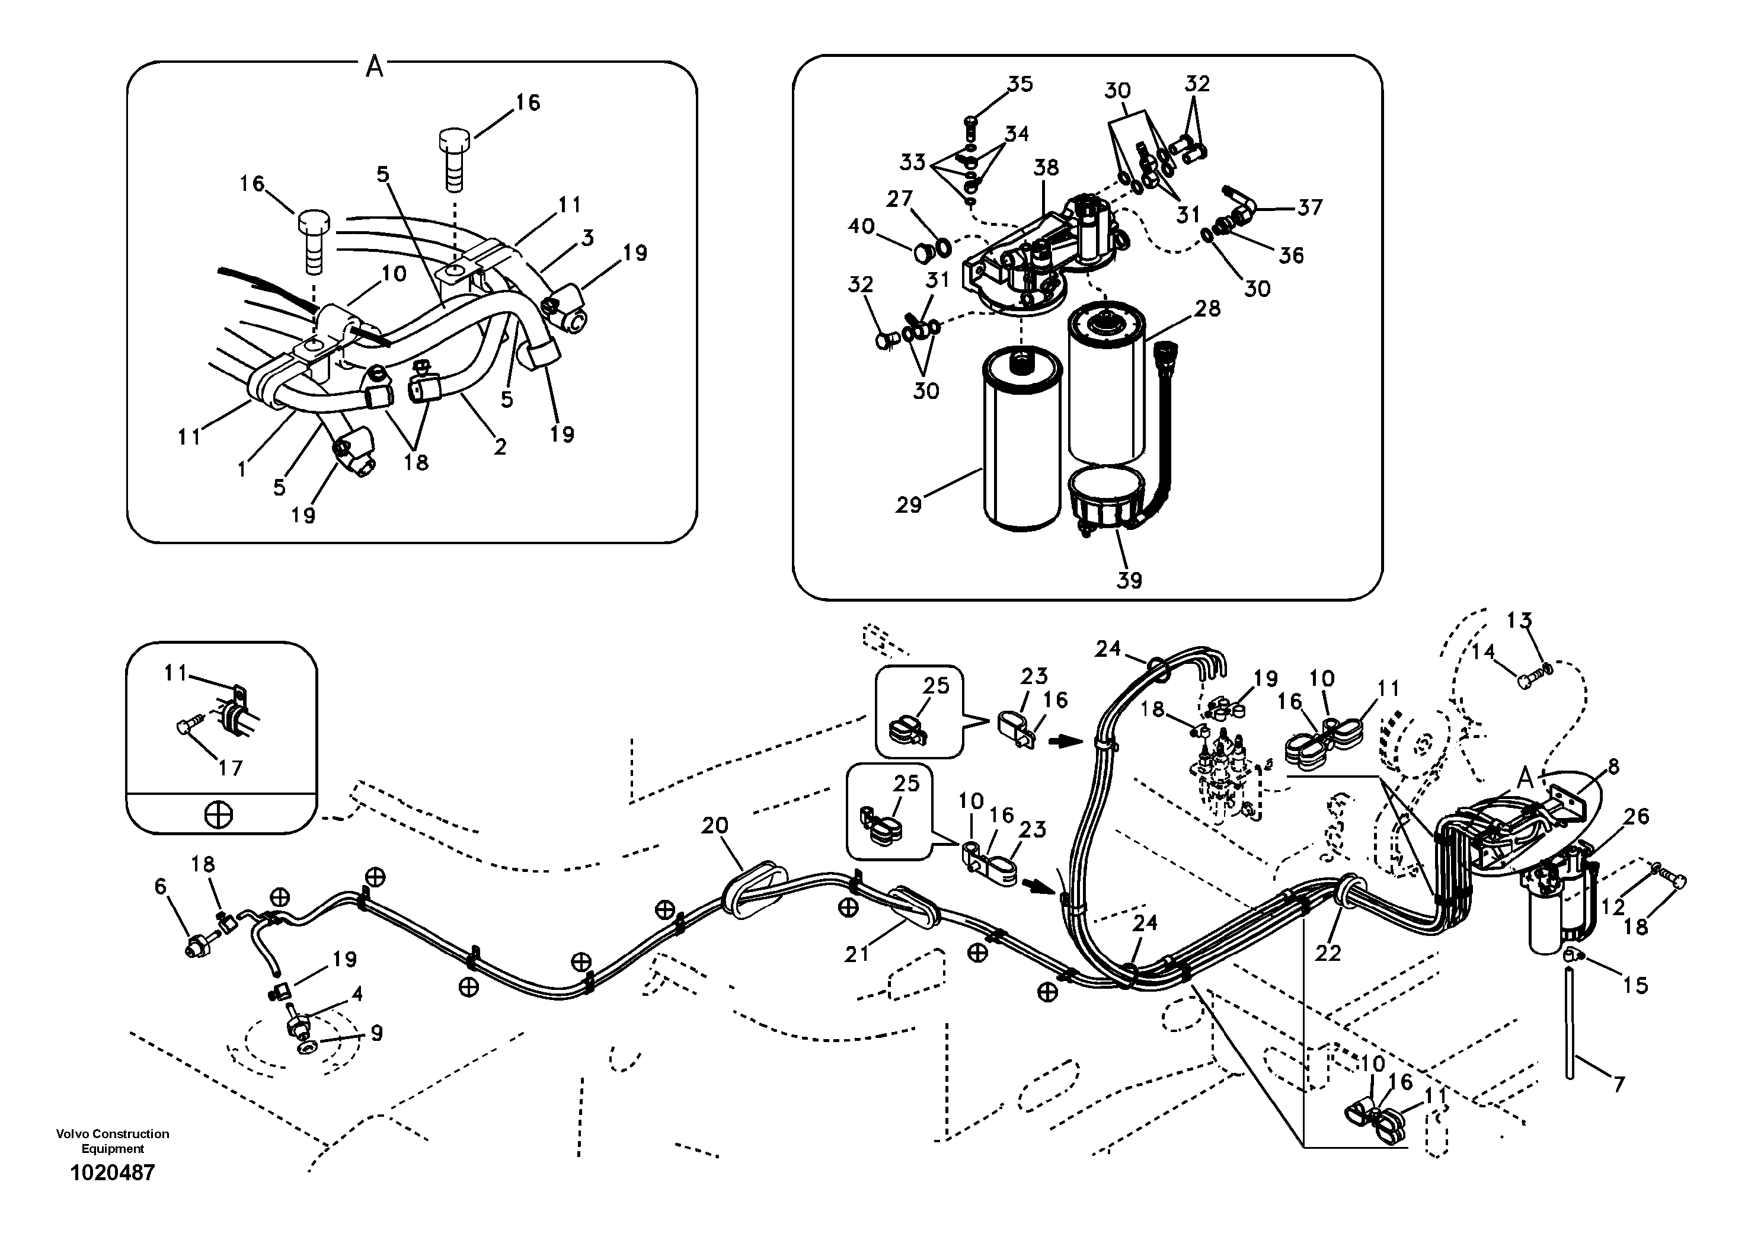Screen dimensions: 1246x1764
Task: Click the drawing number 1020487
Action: [x=112, y=1173]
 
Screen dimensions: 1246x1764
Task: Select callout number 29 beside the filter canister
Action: [x=908, y=506]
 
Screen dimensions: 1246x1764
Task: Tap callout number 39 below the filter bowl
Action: [x=1129, y=581]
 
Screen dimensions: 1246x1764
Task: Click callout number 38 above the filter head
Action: [x=1046, y=168]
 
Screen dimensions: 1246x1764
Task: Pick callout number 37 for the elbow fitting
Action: [x=1310, y=207]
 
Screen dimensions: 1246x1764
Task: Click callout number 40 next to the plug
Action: [x=861, y=226]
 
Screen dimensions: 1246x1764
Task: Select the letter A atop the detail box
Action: [x=374, y=68]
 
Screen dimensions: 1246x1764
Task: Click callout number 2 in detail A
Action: [x=500, y=447]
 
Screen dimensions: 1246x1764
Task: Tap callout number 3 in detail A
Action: [x=588, y=238]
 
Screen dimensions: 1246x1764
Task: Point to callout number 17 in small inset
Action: [x=231, y=768]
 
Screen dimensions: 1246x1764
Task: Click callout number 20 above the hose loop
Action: [x=714, y=826]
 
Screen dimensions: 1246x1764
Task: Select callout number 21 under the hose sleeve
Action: [x=856, y=954]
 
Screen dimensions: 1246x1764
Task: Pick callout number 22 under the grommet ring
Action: [x=1328, y=953]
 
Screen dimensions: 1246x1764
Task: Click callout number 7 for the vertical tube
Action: [x=1619, y=1085]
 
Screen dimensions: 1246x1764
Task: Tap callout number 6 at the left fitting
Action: [x=160, y=887]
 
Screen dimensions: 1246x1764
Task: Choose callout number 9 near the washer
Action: [x=376, y=1033]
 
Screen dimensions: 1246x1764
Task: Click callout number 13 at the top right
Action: [x=1519, y=620]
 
